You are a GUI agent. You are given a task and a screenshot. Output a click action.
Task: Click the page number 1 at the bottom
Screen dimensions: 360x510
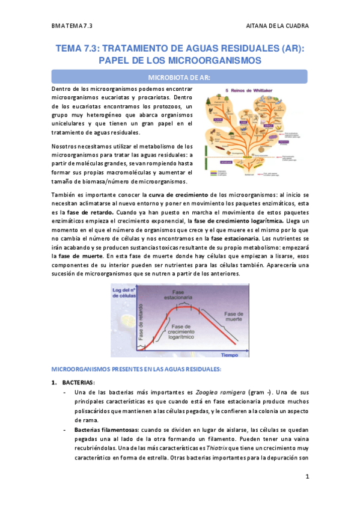pyautogui.click(x=307, y=478)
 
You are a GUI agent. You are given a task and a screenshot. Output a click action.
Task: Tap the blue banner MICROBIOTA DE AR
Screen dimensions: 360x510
pyautogui.click(x=179, y=77)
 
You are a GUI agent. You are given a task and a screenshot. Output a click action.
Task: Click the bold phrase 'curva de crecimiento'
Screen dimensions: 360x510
pyautogui.click(x=182, y=195)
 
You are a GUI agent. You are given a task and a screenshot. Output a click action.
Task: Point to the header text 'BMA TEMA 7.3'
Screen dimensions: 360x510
pyautogui.click(x=72, y=26)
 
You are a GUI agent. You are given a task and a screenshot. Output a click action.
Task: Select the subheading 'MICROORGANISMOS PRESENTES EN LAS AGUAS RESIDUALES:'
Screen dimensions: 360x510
pyautogui.click(x=137, y=367)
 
